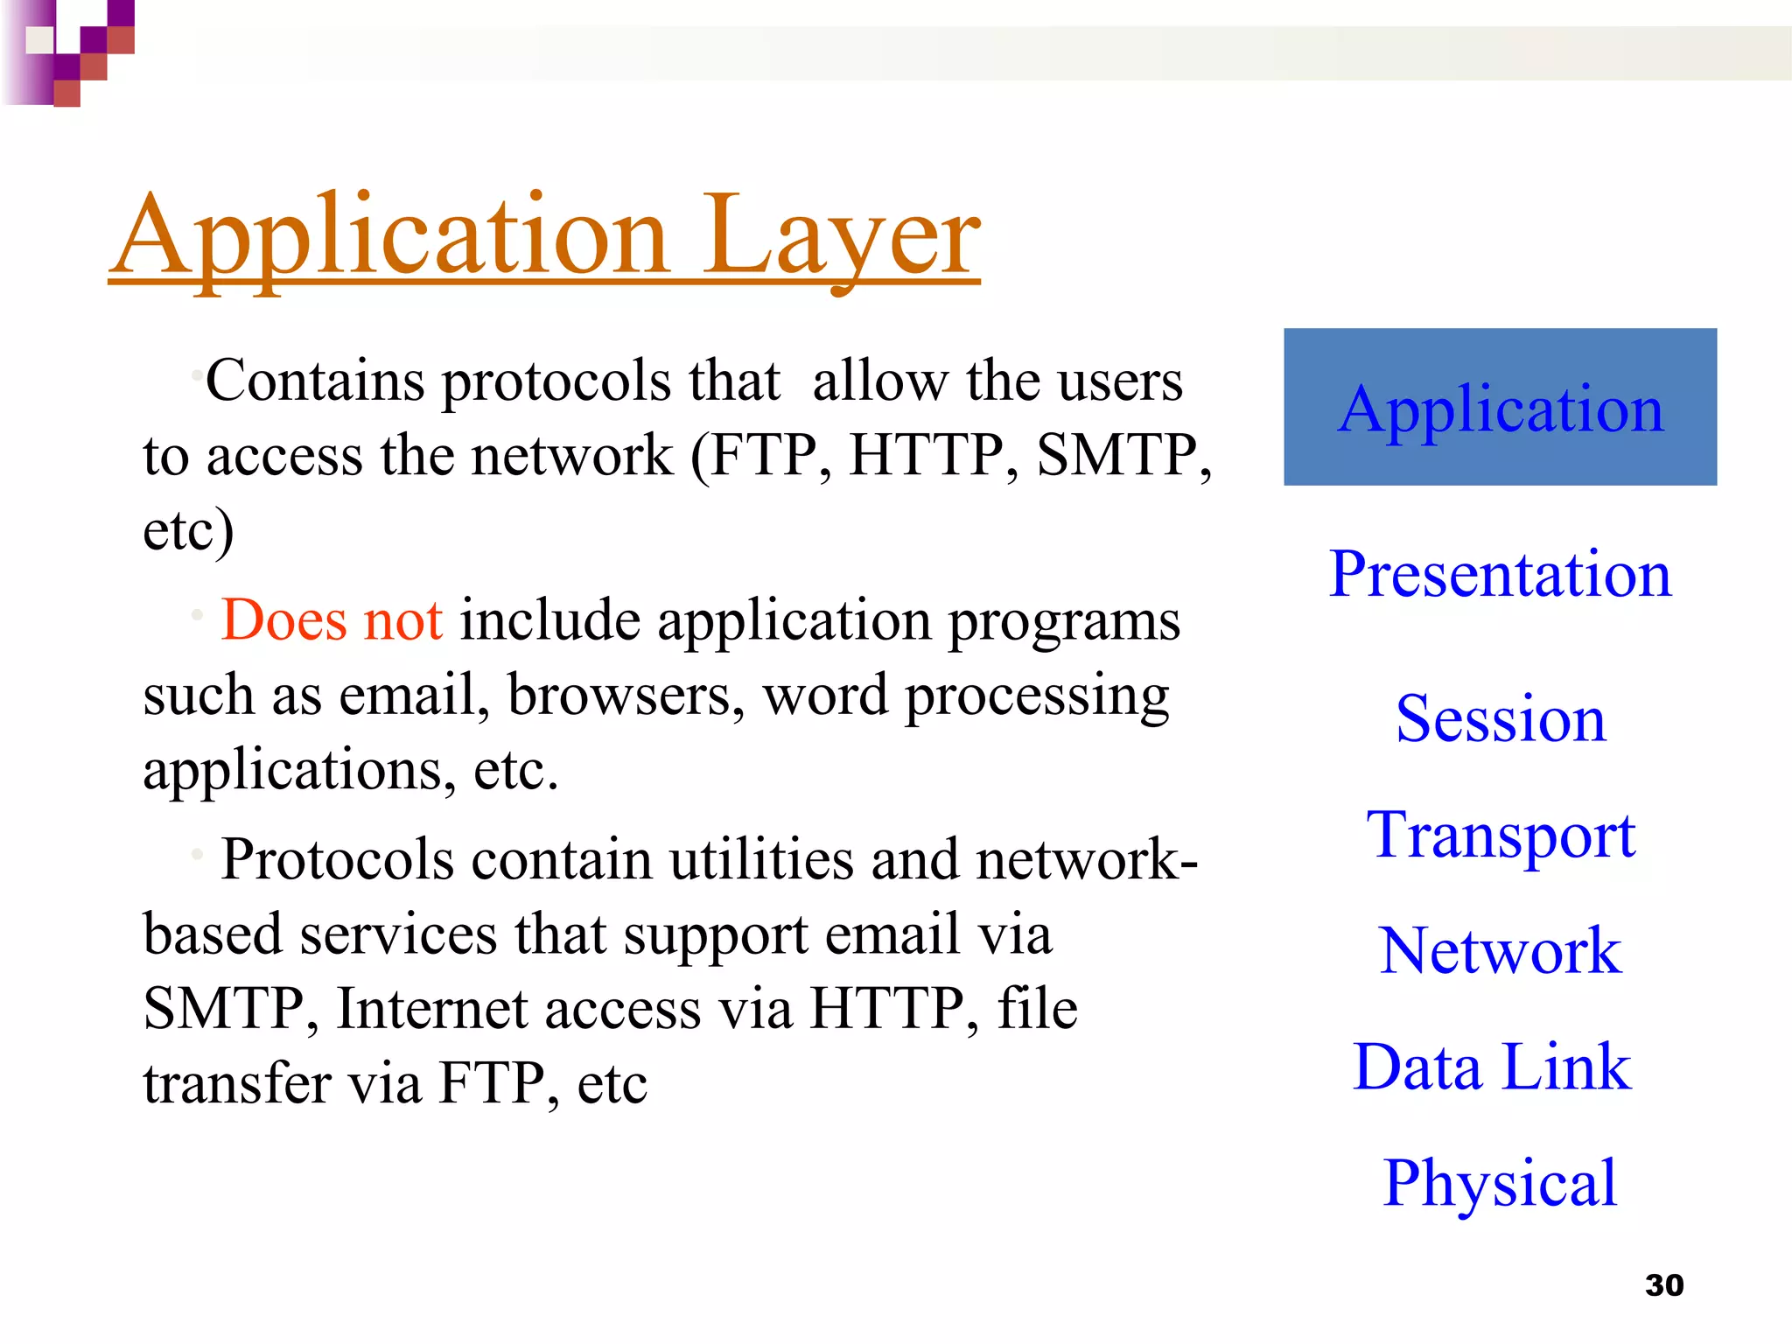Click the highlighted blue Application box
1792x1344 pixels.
coord(1500,407)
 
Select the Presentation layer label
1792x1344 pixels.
coord(1500,574)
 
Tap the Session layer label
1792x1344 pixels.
coord(1500,719)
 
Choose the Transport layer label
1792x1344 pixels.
coord(1500,835)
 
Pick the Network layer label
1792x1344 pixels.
coord(1500,951)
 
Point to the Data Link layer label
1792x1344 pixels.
coord(1491,1067)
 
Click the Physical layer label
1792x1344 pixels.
coord(1500,1183)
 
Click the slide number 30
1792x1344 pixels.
coord(1663,1284)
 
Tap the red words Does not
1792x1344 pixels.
coord(332,620)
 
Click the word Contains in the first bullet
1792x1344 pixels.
coord(315,381)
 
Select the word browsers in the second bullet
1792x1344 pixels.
coord(626,696)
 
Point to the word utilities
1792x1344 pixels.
coord(761,859)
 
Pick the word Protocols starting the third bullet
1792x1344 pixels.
coord(337,859)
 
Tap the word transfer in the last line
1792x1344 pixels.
coord(237,1083)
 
